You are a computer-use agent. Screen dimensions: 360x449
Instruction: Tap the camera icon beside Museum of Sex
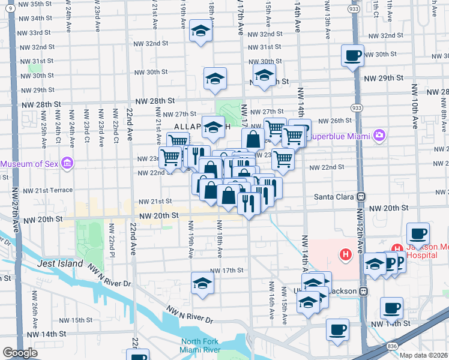(67, 163)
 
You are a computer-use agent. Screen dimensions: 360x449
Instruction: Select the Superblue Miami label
(339, 136)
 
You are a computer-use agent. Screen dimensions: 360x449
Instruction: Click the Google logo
(20, 353)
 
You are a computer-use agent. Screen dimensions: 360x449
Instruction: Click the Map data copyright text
(424, 355)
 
